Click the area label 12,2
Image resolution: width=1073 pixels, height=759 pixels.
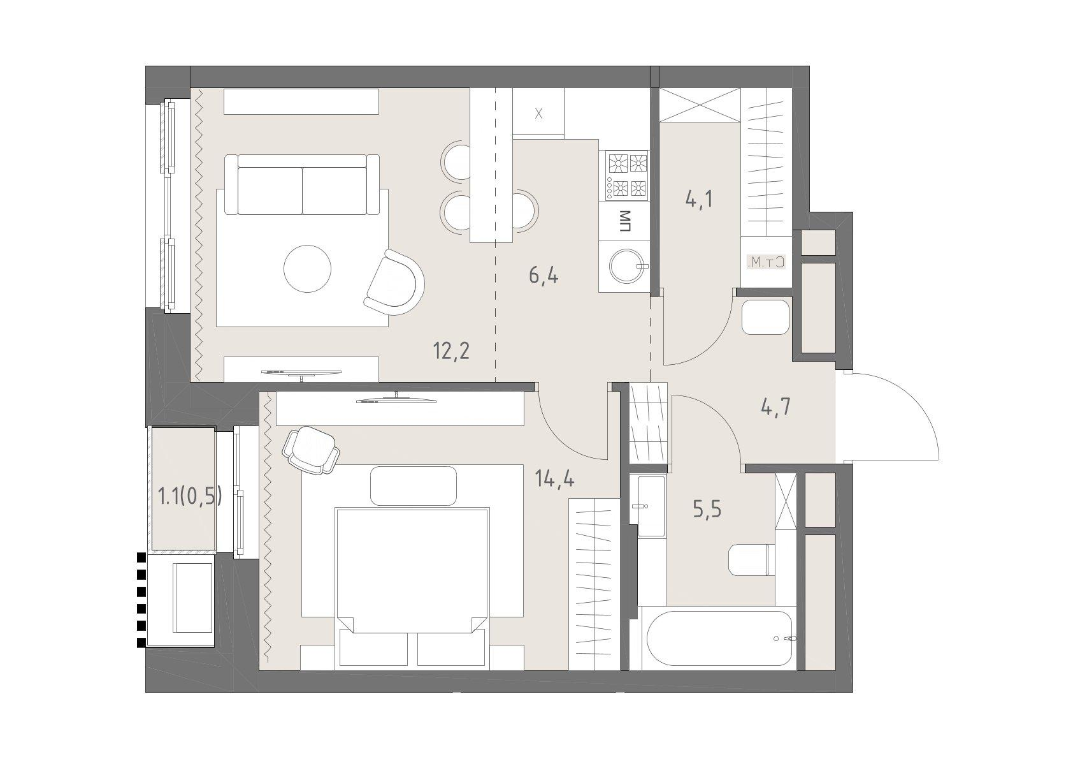click(451, 352)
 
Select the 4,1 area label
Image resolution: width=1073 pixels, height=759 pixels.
click(699, 198)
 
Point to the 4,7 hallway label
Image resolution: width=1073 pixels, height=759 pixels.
click(775, 408)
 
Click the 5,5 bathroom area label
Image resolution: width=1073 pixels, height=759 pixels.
click(707, 510)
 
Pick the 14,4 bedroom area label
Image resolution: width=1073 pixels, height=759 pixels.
click(555, 478)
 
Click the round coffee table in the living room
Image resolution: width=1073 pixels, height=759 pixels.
click(307, 269)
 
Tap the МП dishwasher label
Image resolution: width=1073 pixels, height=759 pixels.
click(624, 221)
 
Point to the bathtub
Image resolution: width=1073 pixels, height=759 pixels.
click(719, 638)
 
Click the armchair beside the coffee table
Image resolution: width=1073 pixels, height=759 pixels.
click(394, 283)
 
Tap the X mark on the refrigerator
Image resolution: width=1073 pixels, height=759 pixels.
click(539, 114)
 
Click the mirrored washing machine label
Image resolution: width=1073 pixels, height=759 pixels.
click(766, 262)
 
